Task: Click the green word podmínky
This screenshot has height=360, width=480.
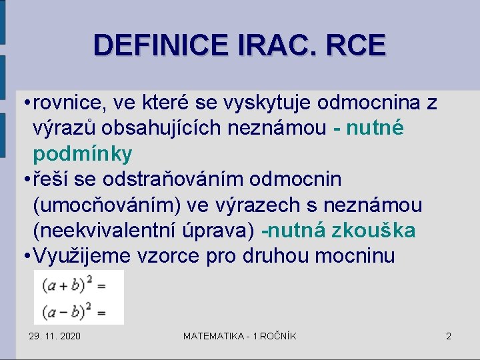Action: (83, 155)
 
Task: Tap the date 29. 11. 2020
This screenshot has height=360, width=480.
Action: (55, 336)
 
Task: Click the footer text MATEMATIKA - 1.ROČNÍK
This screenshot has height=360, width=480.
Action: (240, 336)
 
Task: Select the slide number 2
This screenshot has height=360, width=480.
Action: (449, 336)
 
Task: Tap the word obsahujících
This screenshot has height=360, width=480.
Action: (146, 129)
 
